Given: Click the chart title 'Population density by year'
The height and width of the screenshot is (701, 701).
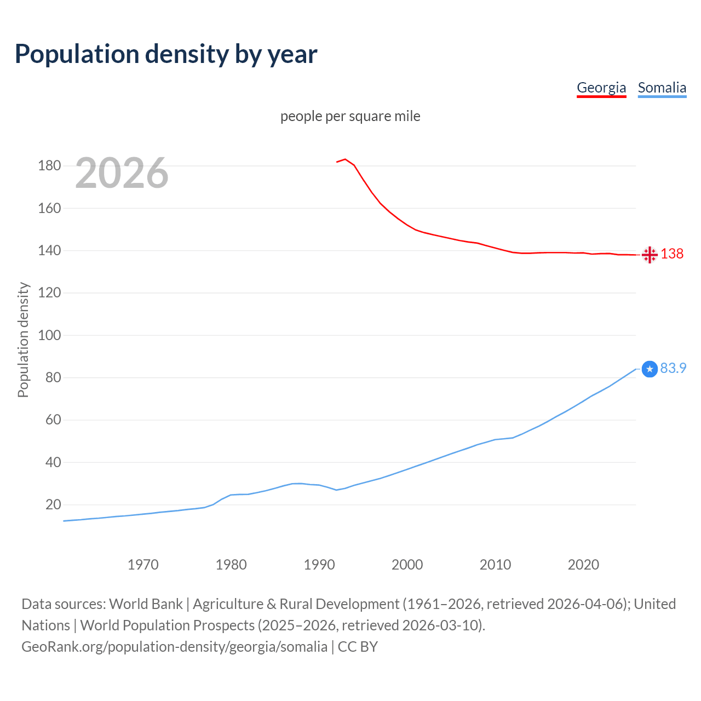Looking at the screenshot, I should click(166, 54).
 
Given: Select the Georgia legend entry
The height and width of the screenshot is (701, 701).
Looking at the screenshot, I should click(601, 88).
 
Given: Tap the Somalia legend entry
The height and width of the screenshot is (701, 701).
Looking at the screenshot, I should click(662, 88).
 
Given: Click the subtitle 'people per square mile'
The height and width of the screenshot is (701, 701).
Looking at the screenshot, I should click(350, 116).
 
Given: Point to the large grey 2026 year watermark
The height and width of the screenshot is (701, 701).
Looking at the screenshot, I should click(122, 173).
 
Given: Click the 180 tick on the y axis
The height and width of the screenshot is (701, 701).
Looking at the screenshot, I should click(49, 165).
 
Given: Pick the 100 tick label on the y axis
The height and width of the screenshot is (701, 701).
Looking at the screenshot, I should click(49, 335).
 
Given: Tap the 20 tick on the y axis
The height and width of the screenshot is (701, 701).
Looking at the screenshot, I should click(53, 504).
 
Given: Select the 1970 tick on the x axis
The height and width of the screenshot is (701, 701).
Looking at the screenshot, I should click(143, 565).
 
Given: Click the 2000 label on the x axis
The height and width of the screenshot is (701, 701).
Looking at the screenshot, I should click(407, 565).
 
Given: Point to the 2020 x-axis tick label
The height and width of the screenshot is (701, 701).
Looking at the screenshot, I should click(583, 565).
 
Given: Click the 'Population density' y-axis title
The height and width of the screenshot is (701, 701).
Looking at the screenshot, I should click(23, 340).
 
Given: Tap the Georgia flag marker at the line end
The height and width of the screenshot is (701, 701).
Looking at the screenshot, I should click(650, 255).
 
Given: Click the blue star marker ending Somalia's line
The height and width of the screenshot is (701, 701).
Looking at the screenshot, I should click(650, 369).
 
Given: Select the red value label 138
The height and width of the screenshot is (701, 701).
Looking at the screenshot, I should click(672, 254).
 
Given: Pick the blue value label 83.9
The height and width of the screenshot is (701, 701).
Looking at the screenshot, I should click(673, 368).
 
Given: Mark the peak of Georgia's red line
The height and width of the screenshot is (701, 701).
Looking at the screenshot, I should click(345, 159).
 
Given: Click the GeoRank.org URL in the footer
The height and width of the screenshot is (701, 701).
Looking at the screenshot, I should click(174, 647).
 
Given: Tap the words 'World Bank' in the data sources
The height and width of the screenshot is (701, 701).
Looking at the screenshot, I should click(146, 604).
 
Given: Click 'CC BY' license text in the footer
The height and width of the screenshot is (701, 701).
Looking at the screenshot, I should click(358, 647).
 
